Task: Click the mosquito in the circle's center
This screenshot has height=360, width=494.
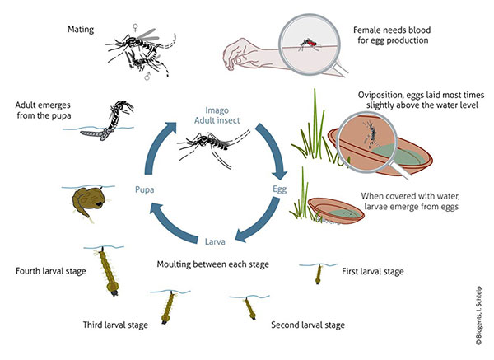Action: pyautogui.click(x=211, y=152)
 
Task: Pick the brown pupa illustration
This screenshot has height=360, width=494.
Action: pyautogui.click(x=86, y=201)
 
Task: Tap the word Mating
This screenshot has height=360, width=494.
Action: pyautogui.click(x=82, y=30)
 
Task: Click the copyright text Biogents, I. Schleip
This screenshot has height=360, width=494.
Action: pyautogui.click(x=481, y=305)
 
